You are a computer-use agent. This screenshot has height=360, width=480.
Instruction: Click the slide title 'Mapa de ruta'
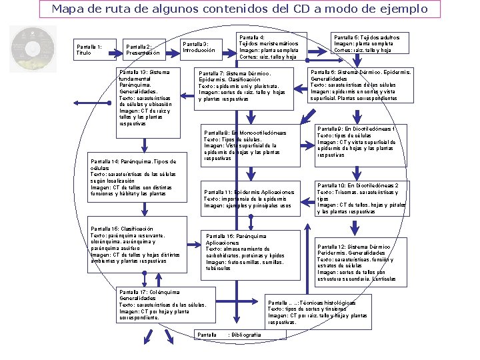point(239,9)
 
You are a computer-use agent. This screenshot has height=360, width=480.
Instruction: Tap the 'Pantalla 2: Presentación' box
point(144,50)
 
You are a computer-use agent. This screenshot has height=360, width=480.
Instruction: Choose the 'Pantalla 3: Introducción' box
point(199,47)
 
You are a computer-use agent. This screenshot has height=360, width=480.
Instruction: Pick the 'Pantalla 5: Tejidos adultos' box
point(367,44)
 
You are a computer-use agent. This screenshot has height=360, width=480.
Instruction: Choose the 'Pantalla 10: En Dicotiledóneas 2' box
point(361,199)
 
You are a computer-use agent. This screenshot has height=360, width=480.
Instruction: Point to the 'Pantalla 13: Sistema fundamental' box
point(146,97)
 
